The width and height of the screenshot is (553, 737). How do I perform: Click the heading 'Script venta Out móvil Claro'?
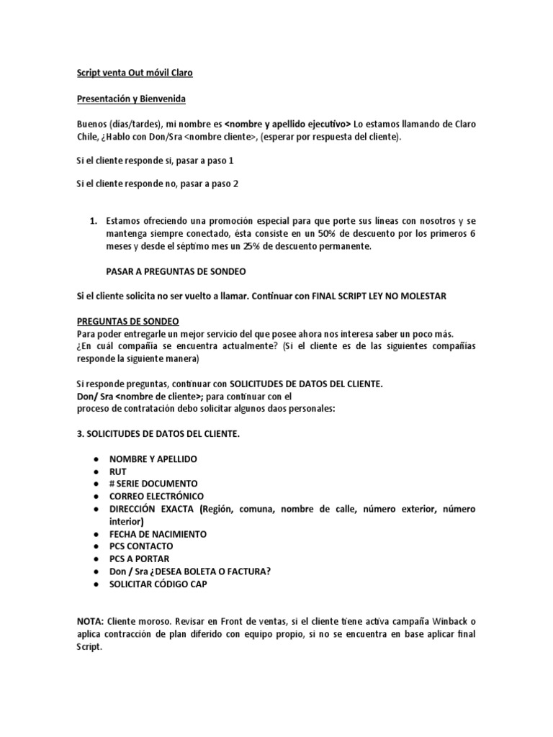coord(135,73)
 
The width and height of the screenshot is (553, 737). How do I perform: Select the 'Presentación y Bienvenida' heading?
coord(132,99)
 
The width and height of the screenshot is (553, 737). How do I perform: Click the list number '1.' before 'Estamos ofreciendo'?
coord(92,221)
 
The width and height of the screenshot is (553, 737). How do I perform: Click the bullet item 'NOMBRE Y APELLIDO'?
coord(153,458)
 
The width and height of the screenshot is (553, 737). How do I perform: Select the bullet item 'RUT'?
coord(118,471)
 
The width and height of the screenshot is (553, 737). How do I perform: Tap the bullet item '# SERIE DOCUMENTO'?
coord(153,484)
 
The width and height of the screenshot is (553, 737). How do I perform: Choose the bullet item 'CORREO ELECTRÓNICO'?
coord(156,496)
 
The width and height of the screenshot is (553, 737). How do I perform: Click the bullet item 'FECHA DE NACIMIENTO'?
coord(158,534)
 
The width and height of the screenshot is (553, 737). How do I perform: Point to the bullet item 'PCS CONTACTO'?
coord(141,546)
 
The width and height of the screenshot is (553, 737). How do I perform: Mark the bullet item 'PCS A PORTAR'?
coord(140,559)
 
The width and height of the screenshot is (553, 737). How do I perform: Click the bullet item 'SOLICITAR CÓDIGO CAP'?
coord(158,584)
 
